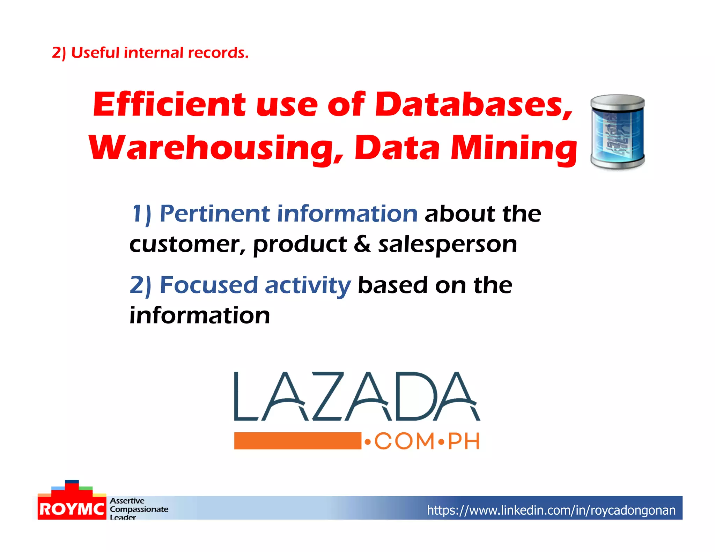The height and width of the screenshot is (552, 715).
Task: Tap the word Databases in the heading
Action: point(473,104)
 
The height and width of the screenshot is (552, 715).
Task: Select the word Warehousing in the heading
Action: point(216,148)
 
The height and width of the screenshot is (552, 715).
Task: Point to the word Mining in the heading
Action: point(514,148)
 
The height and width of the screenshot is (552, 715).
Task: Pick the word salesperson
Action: point(448,244)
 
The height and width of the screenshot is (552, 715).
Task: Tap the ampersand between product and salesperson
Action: point(362,244)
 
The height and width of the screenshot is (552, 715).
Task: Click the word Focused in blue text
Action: point(208,285)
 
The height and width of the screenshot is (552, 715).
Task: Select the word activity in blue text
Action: point(308,286)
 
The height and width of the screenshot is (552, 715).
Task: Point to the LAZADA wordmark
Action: point(357,396)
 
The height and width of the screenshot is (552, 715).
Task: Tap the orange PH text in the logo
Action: point(464,441)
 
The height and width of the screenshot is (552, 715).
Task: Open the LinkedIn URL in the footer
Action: point(551,510)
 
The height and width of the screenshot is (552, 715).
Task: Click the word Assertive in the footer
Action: point(127,501)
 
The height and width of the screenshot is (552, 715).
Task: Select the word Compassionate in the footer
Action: point(139,509)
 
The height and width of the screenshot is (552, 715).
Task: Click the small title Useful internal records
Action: point(150,53)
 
